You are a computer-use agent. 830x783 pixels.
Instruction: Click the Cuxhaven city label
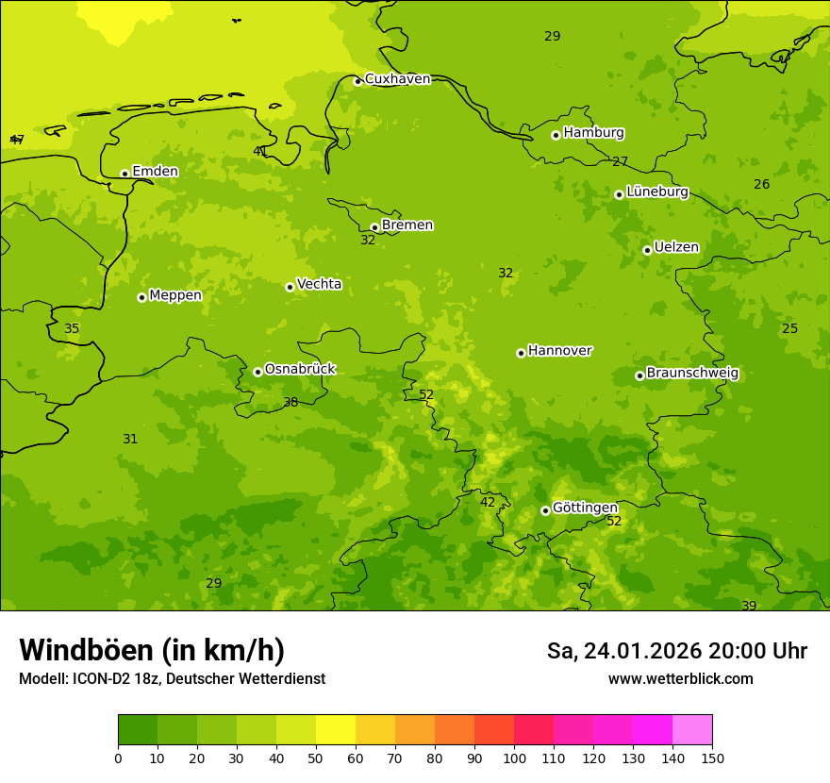pyautogui.click(x=397, y=79)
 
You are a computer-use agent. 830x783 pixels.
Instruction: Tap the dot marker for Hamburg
pyautogui.click(x=556, y=135)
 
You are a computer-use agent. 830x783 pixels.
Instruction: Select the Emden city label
pyautogui.click(x=155, y=172)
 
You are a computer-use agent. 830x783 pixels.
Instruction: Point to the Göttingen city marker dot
pyautogui.click(x=545, y=510)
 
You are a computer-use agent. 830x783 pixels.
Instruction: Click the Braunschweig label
pyautogui.click(x=692, y=374)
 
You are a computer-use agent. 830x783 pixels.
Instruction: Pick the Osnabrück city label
pyautogui.click(x=300, y=370)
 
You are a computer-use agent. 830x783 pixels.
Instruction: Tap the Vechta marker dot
pyautogui.click(x=290, y=287)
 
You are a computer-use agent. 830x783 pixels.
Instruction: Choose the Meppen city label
pyautogui.click(x=175, y=295)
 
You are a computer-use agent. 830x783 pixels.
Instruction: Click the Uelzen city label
pyautogui.click(x=676, y=248)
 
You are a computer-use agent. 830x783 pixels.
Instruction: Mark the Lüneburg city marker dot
pyautogui.click(x=619, y=194)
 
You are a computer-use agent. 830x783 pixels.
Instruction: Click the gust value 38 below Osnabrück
pyautogui.click(x=291, y=403)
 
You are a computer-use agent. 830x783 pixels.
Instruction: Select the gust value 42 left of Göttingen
pyautogui.click(x=488, y=503)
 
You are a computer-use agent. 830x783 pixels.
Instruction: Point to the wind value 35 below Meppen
pyautogui.click(x=72, y=329)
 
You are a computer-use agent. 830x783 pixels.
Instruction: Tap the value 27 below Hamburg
pyautogui.click(x=620, y=162)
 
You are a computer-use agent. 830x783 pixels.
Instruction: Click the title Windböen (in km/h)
pyautogui.click(x=152, y=650)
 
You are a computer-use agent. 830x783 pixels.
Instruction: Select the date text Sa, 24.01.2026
pyautogui.click(x=623, y=651)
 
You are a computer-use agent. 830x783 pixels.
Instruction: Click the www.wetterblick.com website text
pyautogui.click(x=680, y=679)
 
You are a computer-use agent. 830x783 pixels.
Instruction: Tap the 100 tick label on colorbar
pyautogui.click(x=514, y=758)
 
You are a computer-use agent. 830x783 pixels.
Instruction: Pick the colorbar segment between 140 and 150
pyautogui.click(x=692, y=730)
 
